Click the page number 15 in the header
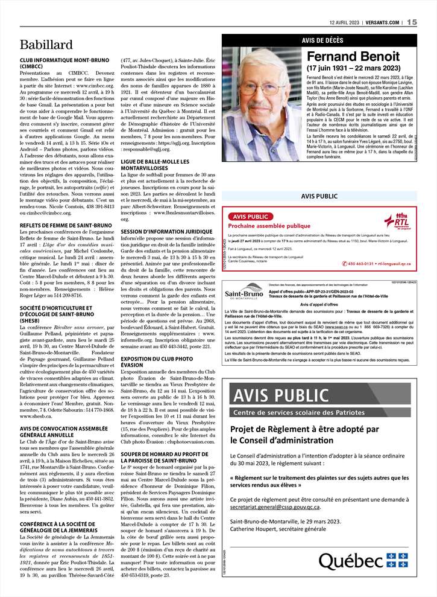412,22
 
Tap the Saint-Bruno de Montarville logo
244,293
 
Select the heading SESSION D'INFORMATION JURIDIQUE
166,231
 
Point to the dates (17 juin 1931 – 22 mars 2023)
353,68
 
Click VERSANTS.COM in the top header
383,22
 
